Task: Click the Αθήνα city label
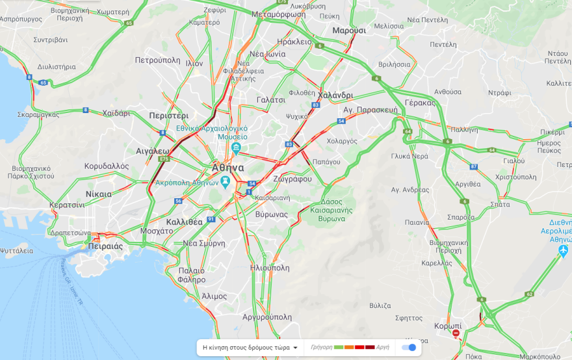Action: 227,168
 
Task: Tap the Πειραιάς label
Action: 105,246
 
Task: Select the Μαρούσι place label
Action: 349,31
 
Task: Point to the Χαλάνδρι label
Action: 335,95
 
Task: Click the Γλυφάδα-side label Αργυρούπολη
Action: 267,316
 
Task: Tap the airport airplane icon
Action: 563,250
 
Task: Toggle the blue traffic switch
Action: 409,347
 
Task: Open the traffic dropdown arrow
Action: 296,348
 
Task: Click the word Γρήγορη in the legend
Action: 321,347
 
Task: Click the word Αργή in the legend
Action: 383,347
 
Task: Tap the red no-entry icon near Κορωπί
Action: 456,333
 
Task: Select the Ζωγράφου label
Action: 292,179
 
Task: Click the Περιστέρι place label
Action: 169,115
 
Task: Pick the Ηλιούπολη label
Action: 270,267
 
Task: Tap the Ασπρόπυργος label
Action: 21,19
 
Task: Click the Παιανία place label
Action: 417,222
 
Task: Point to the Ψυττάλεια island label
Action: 17,250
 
